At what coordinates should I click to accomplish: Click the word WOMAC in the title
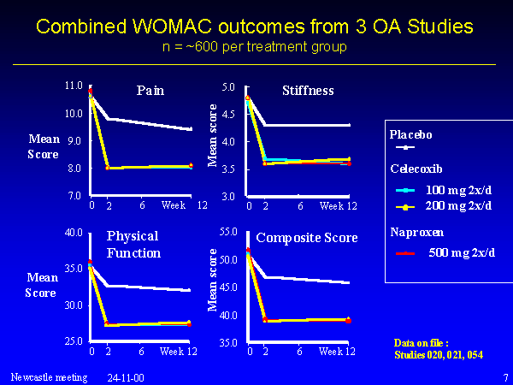(x=173, y=27)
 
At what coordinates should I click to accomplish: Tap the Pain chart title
(x=150, y=91)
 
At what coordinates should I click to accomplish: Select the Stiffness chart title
(x=308, y=91)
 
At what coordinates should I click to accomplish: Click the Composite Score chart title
(x=307, y=238)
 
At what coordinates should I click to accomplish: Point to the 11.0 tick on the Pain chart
(x=74, y=86)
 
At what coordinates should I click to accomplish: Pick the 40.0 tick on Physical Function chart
(x=74, y=233)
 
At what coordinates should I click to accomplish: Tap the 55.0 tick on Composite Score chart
(x=228, y=232)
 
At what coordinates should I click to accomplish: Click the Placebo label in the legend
(x=410, y=134)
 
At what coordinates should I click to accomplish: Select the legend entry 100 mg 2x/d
(x=458, y=190)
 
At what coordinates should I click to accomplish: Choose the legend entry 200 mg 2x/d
(x=458, y=206)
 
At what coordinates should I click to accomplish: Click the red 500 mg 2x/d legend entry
(x=462, y=252)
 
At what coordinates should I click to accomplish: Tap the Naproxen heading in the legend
(x=417, y=233)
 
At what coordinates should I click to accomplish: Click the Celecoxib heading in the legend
(x=416, y=169)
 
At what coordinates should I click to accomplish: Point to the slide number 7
(x=506, y=377)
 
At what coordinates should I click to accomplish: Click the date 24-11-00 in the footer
(x=126, y=378)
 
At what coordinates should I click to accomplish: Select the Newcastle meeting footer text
(x=49, y=377)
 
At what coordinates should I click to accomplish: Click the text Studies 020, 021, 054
(x=439, y=355)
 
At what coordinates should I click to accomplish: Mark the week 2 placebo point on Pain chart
(x=108, y=119)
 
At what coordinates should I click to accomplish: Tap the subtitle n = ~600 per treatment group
(x=255, y=47)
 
